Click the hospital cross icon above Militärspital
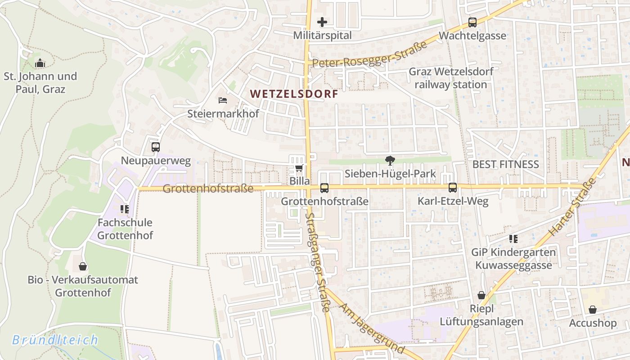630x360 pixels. (x=322, y=22)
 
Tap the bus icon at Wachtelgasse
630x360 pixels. (x=472, y=22)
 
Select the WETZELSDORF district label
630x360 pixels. (x=294, y=94)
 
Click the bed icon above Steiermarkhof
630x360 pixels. (x=223, y=100)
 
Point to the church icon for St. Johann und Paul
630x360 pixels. (x=40, y=63)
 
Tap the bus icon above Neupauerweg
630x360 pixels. (x=156, y=147)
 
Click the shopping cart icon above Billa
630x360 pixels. (x=299, y=168)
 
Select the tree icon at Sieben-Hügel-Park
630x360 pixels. (x=390, y=160)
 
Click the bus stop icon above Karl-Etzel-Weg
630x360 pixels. (x=453, y=188)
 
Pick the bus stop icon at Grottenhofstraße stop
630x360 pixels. (x=324, y=188)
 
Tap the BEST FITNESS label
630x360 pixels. (x=505, y=164)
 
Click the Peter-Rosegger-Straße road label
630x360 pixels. (x=369, y=55)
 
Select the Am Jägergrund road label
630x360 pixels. (x=372, y=328)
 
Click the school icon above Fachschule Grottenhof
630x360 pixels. (x=125, y=209)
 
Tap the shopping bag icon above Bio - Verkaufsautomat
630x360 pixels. (x=83, y=266)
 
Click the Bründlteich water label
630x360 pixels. (x=55, y=340)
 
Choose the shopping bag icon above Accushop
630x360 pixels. (x=593, y=310)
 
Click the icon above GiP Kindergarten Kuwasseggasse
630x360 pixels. (x=513, y=238)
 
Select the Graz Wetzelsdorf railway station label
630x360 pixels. (x=450, y=78)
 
